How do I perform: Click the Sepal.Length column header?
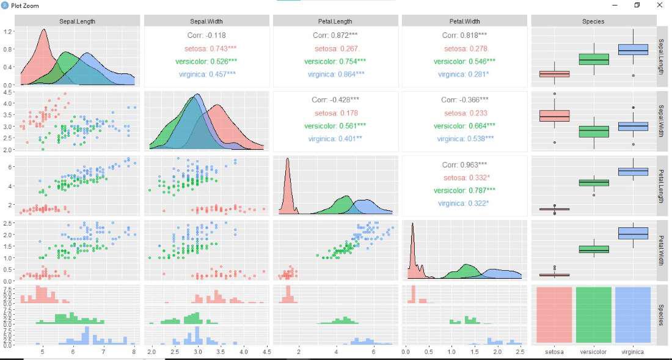(x=77, y=21)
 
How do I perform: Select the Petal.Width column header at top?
(x=464, y=21)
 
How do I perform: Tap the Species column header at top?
(x=593, y=21)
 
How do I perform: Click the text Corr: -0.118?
(x=206, y=35)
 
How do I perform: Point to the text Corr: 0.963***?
(x=464, y=165)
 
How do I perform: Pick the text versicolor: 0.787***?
(x=464, y=190)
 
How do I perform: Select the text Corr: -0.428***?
(x=335, y=100)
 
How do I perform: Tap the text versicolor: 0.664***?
(x=464, y=126)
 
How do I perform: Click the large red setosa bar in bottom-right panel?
(x=554, y=315)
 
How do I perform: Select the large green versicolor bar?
(x=593, y=315)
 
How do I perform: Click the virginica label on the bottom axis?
(x=633, y=352)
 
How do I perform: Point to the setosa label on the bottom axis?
(x=554, y=352)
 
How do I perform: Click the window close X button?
(x=660, y=5)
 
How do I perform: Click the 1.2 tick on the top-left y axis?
(x=8, y=31)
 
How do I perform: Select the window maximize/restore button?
(x=637, y=5)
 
